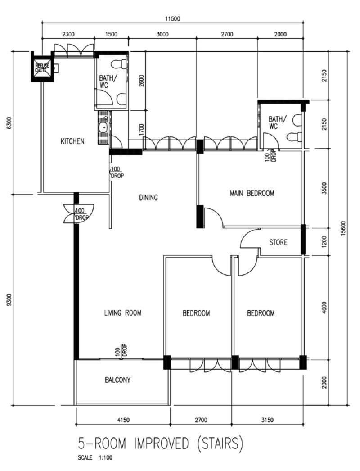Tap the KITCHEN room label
pyautogui.click(x=72, y=141)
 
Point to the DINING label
pyautogui.click(x=148, y=197)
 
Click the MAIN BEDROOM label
pyautogui.click(x=252, y=193)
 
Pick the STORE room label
pyautogui.click(x=278, y=242)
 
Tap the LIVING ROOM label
pyautogui.click(x=123, y=312)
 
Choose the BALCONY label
pyautogui.click(x=118, y=380)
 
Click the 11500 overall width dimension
pyautogui.click(x=172, y=18)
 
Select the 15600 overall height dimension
pyautogui.click(x=344, y=229)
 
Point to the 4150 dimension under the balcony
pyautogui.click(x=123, y=420)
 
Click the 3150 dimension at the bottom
pyautogui.click(x=267, y=420)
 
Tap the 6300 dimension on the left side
pyautogui.click(x=9, y=123)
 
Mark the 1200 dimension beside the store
pyautogui.click(x=324, y=242)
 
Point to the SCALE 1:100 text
pyautogui.click(x=95, y=458)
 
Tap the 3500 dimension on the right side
pyautogui.click(x=324, y=188)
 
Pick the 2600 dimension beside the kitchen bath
pyautogui.click(x=141, y=81)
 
